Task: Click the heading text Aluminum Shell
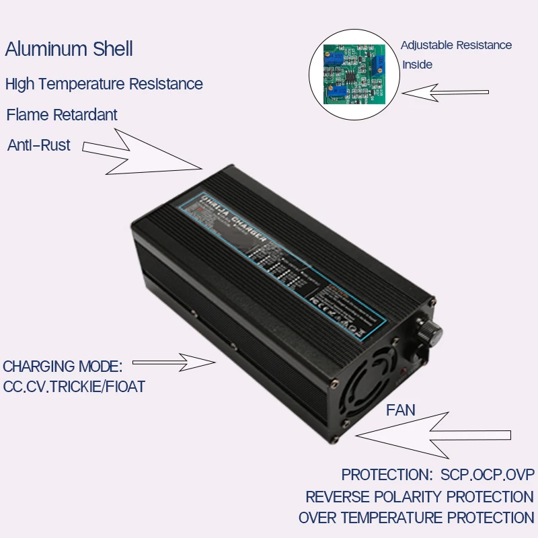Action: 69,49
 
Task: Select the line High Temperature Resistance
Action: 104,84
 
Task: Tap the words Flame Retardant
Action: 62,115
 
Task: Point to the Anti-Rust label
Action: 39,145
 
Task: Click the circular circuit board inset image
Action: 354,73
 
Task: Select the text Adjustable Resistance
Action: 456,46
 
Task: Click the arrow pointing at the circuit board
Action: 447,92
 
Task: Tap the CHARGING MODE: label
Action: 63,367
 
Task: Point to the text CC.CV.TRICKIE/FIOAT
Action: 74,387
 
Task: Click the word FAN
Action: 401,410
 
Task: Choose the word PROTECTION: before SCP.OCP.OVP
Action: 387,475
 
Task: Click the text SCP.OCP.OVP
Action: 488,475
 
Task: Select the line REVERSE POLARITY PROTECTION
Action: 420,497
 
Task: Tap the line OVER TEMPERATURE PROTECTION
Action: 416,518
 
